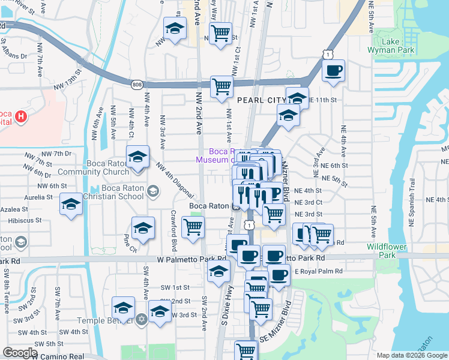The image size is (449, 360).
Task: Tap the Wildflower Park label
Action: tap(387, 251)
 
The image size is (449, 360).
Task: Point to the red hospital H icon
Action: tap(22, 116)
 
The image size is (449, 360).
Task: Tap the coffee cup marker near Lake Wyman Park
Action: tap(333, 70)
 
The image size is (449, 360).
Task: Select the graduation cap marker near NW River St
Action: tap(175, 28)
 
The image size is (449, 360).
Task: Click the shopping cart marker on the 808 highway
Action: tap(221, 86)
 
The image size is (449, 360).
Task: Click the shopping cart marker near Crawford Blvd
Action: tap(193, 227)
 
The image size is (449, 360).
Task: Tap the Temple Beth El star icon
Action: tap(142, 319)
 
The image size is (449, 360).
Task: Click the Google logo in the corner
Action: tap(19, 353)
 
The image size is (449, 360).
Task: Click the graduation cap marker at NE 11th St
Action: tap(297, 98)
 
